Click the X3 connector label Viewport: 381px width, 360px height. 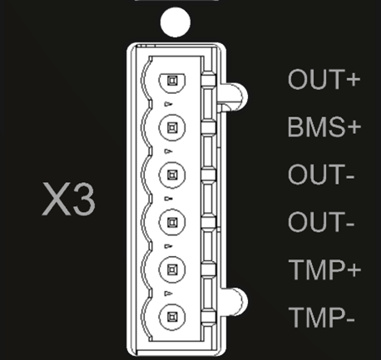tap(68, 199)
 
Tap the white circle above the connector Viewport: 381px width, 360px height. tap(176, 22)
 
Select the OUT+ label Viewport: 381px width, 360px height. tap(324, 80)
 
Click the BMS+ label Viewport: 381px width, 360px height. tap(324, 127)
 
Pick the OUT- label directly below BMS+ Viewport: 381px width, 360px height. tap(321, 175)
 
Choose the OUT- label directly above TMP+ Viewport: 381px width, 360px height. tap(321, 222)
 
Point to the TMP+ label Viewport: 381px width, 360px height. tap(324, 269)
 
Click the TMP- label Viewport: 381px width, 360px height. tap(322, 317)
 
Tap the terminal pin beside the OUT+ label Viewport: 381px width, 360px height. tap(172, 81)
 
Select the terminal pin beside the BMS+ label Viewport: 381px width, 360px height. tap(172, 127)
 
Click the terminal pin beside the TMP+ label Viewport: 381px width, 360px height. tap(172, 269)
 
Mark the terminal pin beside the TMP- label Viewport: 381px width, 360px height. tap(172, 317)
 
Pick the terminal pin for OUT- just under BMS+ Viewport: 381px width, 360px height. tap(172, 175)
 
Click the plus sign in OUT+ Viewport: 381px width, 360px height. tap(353, 80)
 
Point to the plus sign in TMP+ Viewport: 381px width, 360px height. tap(354, 270)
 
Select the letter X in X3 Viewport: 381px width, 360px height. tap(55, 199)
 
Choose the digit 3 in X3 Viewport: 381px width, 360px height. tap(84, 200)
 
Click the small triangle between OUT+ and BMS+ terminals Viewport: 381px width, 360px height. tap(168, 104)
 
